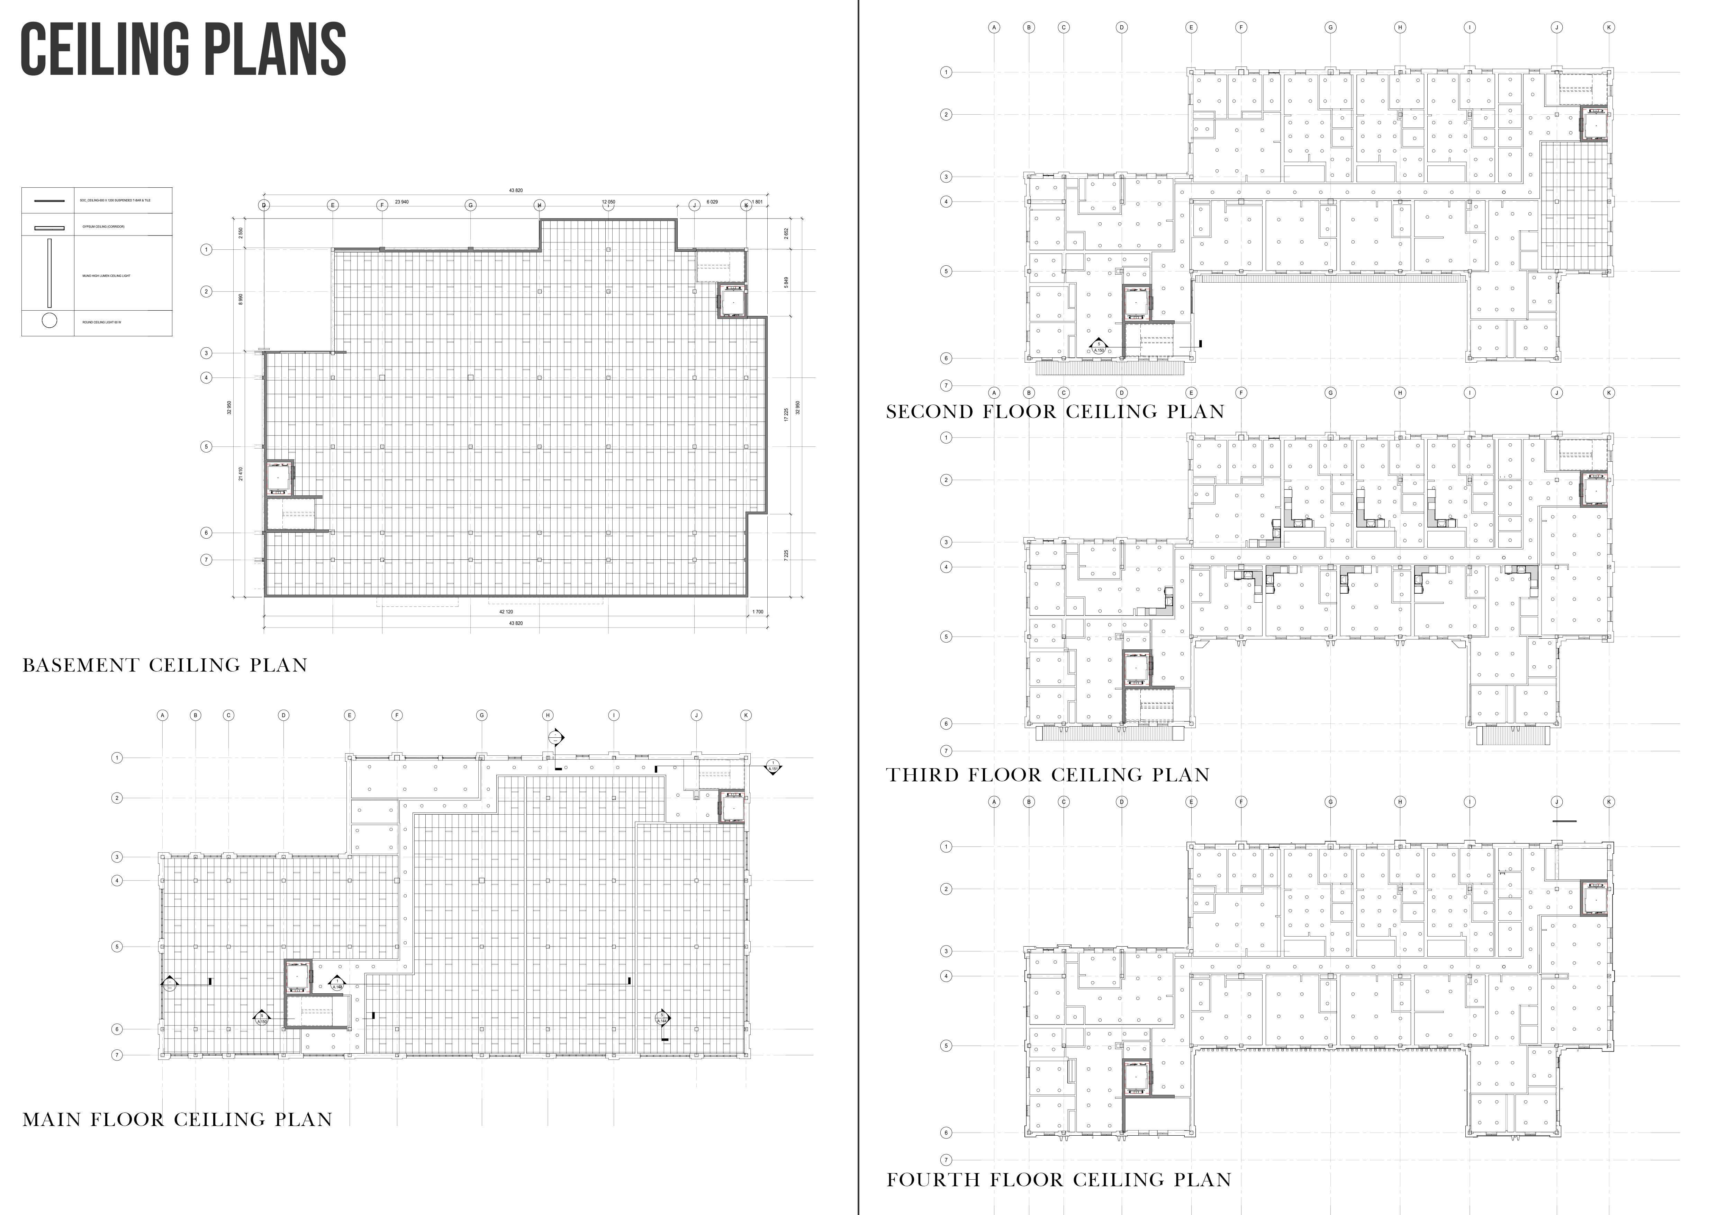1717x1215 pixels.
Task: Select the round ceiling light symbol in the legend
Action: pos(49,321)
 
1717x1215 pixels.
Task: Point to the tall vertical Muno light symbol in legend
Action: pos(49,273)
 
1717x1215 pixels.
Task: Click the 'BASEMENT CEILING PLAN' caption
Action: pos(164,665)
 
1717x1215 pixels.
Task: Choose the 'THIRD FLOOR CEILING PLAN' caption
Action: pos(1047,775)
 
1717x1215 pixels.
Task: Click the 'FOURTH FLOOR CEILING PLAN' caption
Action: pos(1058,1180)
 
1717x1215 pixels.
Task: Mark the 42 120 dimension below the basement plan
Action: pos(506,612)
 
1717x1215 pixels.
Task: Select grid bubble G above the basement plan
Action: pos(470,205)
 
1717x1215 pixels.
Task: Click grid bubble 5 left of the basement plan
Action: pos(206,447)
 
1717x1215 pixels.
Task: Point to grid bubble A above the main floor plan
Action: pos(162,715)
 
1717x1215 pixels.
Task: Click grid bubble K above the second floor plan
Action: pos(1609,28)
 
